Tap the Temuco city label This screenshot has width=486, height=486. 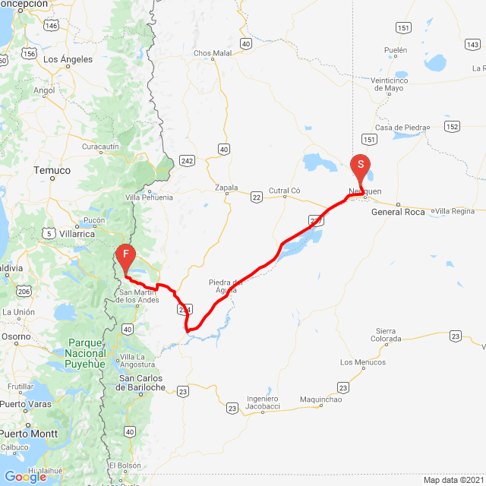tap(52, 171)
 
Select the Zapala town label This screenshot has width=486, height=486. tap(226, 188)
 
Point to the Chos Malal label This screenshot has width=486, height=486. tap(213, 53)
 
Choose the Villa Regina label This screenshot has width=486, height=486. tap(455, 210)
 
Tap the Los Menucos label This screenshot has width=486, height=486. tap(362, 362)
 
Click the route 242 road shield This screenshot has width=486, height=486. tap(188, 160)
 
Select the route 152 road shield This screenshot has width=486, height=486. tap(453, 126)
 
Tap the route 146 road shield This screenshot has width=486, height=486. tap(51, 26)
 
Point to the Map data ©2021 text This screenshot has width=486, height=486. tap(452, 480)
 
